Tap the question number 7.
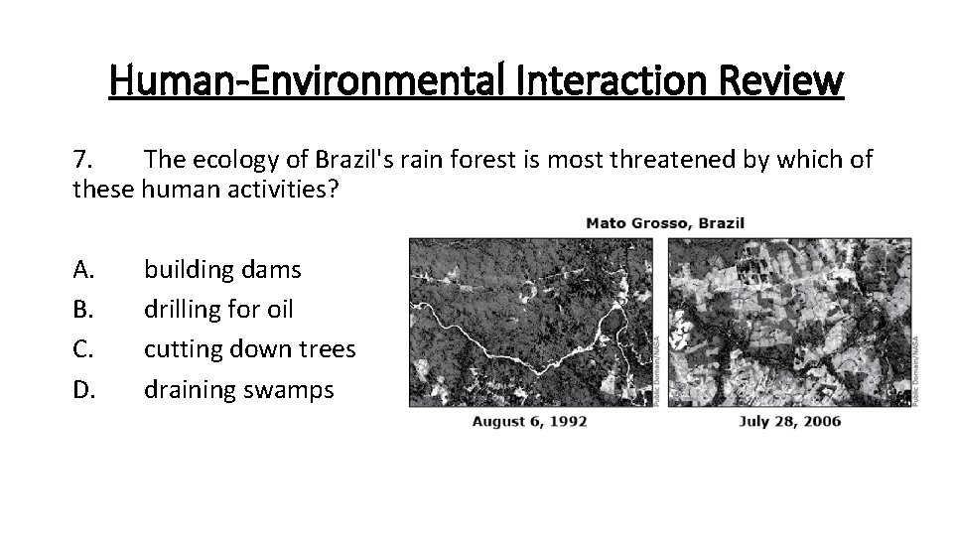pyautogui.click(x=82, y=160)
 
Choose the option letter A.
pyautogui.click(x=82, y=269)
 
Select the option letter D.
pyautogui.click(x=82, y=390)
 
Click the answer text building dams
pyautogui.click(x=222, y=269)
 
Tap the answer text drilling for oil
pyautogui.click(x=218, y=310)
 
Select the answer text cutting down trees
pyautogui.click(x=249, y=349)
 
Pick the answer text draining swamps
pyautogui.click(x=239, y=390)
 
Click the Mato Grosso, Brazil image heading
pyautogui.click(x=665, y=222)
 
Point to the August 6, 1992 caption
pyautogui.click(x=529, y=421)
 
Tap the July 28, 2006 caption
pyautogui.click(x=789, y=421)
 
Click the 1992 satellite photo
pyautogui.click(x=530, y=322)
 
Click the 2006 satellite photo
pyautogui.click(x=790, y=322)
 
